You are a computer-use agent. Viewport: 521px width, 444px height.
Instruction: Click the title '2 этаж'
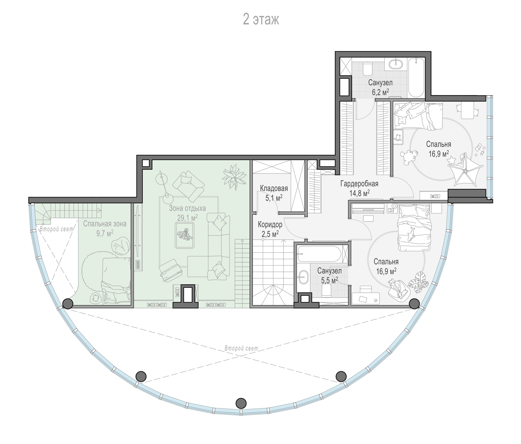261,20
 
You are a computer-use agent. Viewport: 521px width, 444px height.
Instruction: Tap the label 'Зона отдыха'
187,208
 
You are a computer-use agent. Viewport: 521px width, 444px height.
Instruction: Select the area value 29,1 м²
187,218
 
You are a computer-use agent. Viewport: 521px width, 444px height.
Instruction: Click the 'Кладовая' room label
274,188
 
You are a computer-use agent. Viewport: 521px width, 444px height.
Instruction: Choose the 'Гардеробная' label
359,184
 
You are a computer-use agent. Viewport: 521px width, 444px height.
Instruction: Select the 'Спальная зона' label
105,224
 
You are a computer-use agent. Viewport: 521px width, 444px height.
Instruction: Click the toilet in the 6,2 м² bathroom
368,69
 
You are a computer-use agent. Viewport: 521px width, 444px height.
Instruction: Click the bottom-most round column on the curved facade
241,410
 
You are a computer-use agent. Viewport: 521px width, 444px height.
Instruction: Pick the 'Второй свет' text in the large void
241,348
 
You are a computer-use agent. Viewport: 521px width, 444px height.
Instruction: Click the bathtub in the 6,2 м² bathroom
416,78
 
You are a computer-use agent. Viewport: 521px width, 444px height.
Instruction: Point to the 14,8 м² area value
359,193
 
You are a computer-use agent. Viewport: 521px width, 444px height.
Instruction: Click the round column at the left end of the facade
68,304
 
